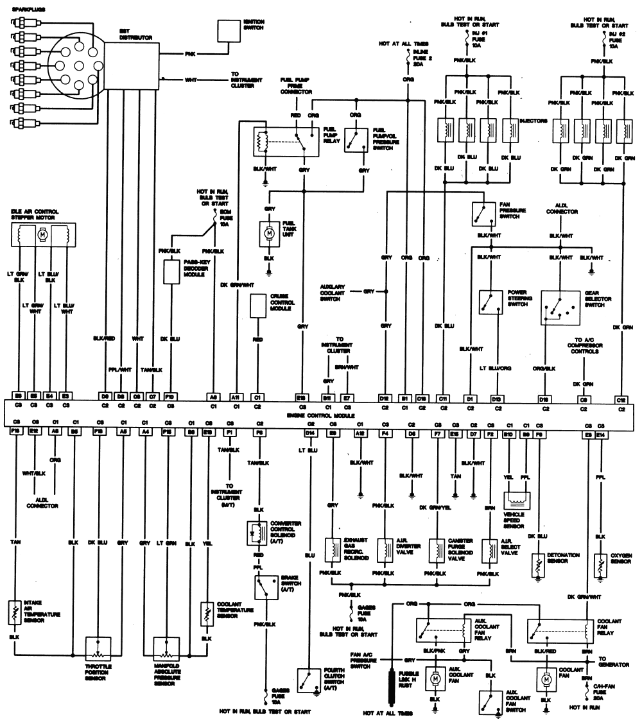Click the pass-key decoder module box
click(172, 272)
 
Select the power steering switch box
click(490, 302)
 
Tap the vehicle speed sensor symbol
click(517, 503)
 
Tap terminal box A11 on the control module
click(236, 398)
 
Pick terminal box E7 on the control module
click(347, 398)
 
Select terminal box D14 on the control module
click(310, 434)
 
